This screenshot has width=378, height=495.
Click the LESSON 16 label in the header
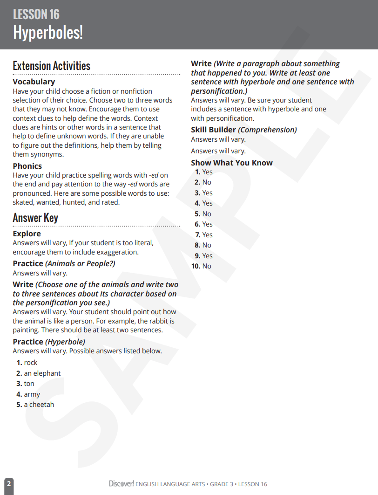[x=36, y=14]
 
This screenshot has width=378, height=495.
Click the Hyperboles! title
[x=47, y=33]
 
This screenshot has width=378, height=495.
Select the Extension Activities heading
[x=51, y=66]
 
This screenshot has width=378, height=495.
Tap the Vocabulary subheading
[x=34, y=82]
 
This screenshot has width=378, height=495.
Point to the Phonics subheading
[x=27, y=166]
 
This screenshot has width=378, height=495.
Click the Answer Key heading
[x=35, y=218]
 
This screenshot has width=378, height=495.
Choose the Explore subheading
[x=27, y=234]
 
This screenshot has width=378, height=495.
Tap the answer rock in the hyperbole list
[x=31, y=363]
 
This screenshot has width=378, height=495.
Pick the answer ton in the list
[x=29, y=384]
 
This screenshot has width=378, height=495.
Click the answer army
[x=32, y=394]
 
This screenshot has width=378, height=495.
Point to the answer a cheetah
[x=39, y=405]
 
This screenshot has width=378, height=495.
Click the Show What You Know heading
[x=231, y=163]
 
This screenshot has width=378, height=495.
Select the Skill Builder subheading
[x=214, y=130]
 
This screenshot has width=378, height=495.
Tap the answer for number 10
[x=207, y=266]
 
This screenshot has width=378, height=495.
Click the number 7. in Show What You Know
[x=198, y=235]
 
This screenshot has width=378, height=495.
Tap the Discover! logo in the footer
[x=121, y=484]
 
